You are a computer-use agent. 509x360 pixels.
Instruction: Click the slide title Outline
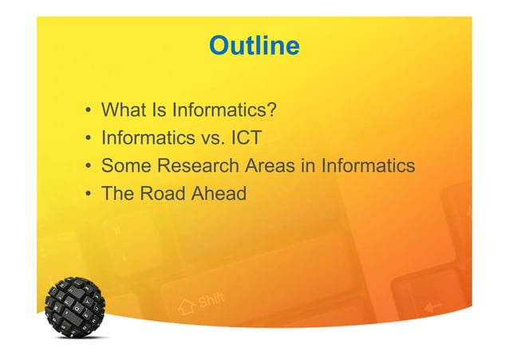pos(254,46)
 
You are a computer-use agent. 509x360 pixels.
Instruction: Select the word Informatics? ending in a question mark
pos(227,109)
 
